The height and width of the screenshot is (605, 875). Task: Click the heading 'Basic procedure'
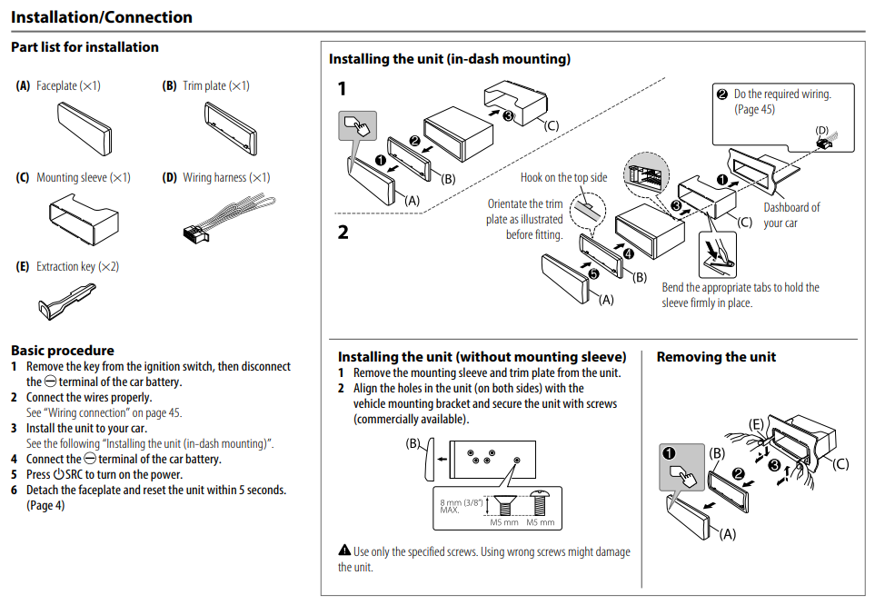point(63,351)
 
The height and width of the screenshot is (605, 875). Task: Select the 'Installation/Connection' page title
point(102,17)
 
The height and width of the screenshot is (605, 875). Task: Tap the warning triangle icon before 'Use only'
point(344,550)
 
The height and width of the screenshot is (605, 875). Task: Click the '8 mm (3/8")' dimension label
point(462,501)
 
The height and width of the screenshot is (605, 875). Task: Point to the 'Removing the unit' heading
point(716,357)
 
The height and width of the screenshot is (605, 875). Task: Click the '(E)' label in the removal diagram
point(756,424)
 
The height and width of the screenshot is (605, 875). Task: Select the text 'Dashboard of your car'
point(790,214)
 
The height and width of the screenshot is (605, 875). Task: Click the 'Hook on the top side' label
point(563,178)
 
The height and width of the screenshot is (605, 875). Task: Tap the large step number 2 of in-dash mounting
point(343,232)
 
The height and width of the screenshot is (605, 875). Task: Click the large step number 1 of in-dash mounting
point(343,89)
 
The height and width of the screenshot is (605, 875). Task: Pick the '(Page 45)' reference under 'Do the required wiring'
point(754,109)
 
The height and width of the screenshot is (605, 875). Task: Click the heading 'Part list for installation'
point(85,47)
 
